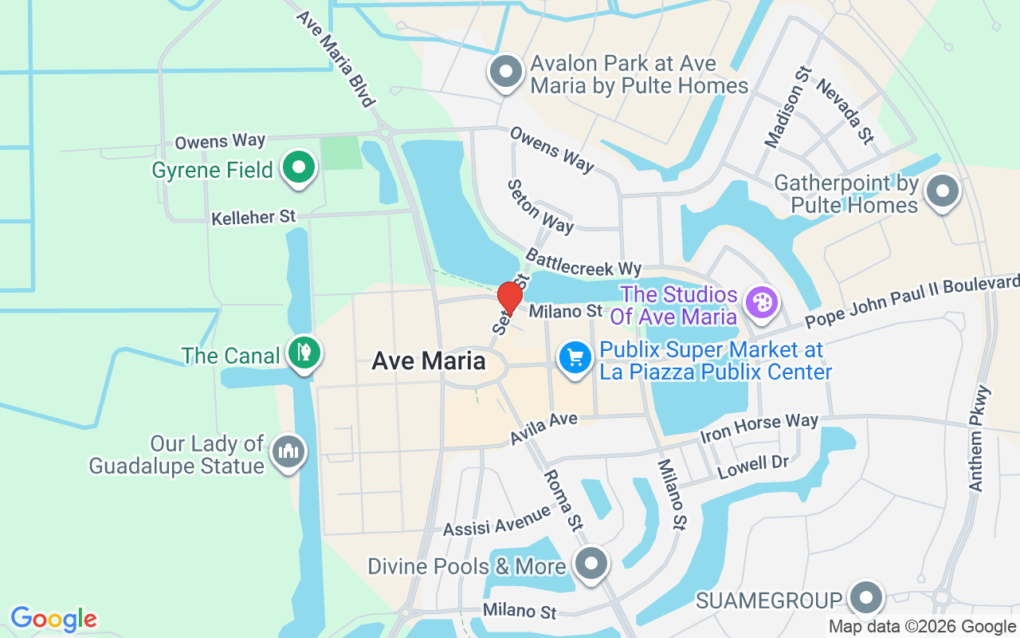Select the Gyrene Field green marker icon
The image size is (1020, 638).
click(299, 168)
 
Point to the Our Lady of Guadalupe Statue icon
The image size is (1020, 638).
click(288, 452)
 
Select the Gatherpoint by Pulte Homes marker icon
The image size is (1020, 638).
click(943, 191)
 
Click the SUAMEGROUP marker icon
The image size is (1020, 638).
click(865, 597)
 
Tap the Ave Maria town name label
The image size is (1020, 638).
click(429, 360)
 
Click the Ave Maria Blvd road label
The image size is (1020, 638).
click(335, 58)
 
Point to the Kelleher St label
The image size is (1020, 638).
click(253, 217)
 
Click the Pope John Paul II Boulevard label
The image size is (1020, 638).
click(912, 301)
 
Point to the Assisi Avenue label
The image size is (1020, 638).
click(496, 520)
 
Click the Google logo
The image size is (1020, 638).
click(53, 619)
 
